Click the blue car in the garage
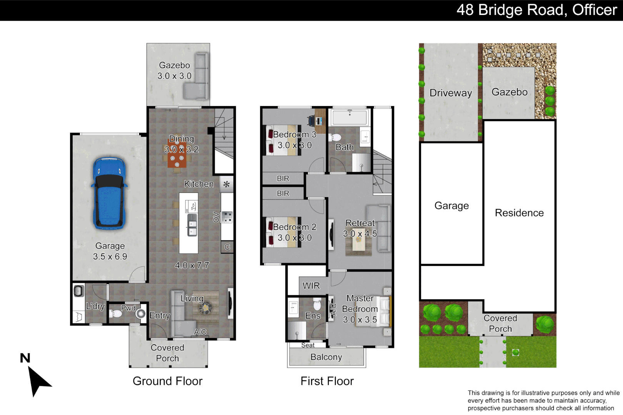110,193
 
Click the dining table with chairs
177,158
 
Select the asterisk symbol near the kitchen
227,184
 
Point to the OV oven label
216,217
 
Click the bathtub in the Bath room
350,117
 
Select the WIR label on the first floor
311,286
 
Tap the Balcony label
326,357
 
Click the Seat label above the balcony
308,345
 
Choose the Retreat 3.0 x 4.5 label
360,228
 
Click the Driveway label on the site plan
450,93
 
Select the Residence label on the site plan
519,213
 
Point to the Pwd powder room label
128,308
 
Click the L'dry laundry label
95,306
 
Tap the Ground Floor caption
167,381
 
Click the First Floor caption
327,381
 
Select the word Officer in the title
594,10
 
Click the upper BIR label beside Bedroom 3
283,179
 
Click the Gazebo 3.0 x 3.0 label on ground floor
174,71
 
